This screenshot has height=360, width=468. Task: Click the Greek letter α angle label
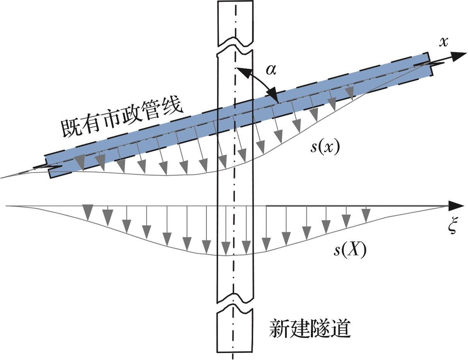271,70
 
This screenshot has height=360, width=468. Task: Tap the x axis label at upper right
444,43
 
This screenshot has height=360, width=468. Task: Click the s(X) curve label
350,250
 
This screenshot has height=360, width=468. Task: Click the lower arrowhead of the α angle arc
273,94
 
